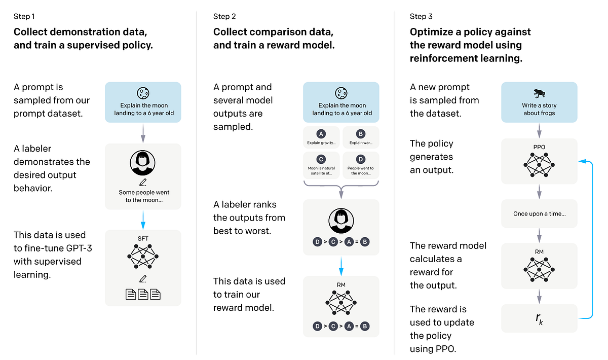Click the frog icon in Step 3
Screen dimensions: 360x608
[539, 93]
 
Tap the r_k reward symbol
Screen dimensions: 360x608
[539, 318]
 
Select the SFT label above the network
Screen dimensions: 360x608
[142, 238]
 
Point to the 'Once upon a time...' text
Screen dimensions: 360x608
[539, 213]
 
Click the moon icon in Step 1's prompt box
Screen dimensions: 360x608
[142, 93]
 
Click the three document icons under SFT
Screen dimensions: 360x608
[142, 294]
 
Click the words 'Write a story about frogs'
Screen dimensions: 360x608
[539, 109]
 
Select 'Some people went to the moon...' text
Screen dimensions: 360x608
[144, 196]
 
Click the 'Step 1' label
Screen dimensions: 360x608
[24, 17]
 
